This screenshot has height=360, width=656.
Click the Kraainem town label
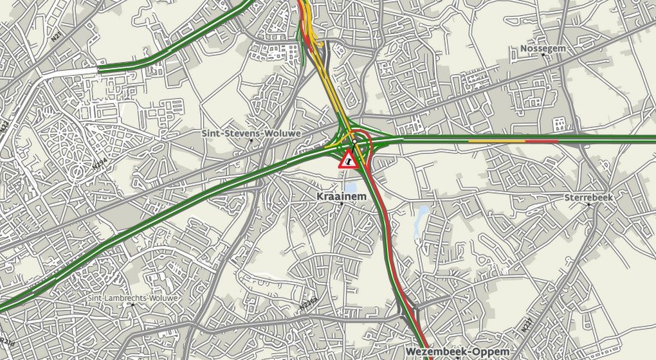tap(342, 195)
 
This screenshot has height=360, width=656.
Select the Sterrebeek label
tap(589, 197)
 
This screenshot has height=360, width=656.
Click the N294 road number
tap(98, 165)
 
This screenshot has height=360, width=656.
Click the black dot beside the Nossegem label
tap(544, 55)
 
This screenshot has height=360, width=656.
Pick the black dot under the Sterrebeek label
tap(588, 204)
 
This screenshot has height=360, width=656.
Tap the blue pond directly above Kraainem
tap(351, 186)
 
